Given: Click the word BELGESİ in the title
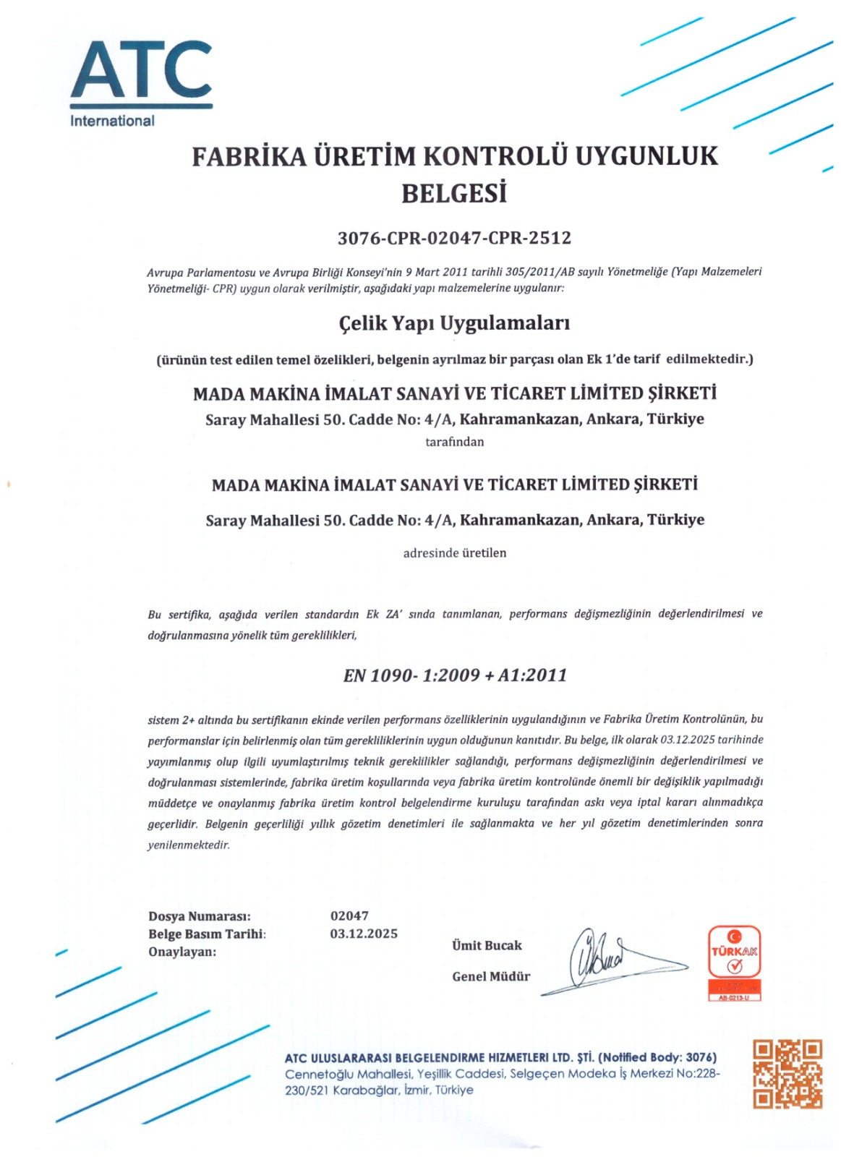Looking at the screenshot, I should pos(453,193).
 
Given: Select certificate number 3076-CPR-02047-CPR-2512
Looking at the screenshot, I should pos(454,238).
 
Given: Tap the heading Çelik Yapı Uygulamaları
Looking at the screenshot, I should pos(454,323).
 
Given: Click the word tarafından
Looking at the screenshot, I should pos(454,442).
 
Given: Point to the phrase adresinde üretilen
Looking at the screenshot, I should pos(454,553).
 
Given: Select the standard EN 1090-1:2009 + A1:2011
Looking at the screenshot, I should pos(455,675).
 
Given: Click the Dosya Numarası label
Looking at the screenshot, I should pos(199,916).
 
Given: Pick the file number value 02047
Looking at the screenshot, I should pos(349,915).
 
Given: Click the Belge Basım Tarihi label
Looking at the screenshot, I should pos(207,934).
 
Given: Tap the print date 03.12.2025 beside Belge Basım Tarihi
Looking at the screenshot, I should pos(364,934).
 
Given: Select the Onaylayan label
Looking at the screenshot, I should pos(182,952).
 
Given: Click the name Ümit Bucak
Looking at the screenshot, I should pos(487,945).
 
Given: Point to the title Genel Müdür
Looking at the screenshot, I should pos(491,976).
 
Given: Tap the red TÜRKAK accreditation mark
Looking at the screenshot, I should pos(734,962).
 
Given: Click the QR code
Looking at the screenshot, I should pos(787,1074).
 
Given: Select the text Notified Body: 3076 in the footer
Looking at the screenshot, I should pos(657,1057).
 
